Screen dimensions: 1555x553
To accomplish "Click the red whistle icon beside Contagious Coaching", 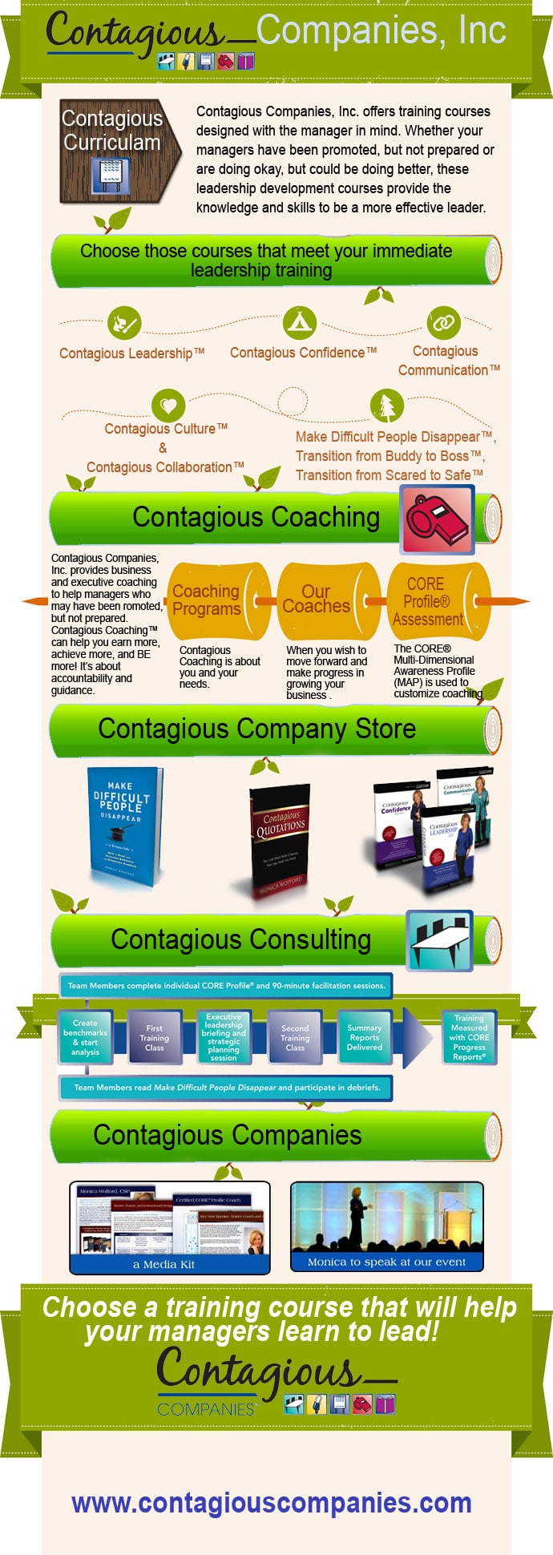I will [x=437, y=522].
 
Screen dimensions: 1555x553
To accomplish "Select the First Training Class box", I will [x=155, y=1038].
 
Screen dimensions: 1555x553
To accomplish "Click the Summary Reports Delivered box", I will [x=365, y=1038].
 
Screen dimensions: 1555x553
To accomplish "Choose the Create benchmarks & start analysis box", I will [x=85, y=1038].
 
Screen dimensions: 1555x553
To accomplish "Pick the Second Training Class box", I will [x=295, y=1038].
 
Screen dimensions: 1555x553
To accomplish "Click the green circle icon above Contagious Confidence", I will [x=300, y=322].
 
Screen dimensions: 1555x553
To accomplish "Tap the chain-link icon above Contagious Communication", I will [x=442, y=322].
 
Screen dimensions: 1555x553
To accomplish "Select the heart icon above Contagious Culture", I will [x=168, y=406].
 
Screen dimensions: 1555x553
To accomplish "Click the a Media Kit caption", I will [x=164, y=1264].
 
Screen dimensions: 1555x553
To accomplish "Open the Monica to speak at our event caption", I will [x=386, y=1262].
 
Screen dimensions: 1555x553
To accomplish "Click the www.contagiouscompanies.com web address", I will [x=272, y=1503].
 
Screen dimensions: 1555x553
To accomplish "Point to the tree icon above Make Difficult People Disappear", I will [x=387, y=406].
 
